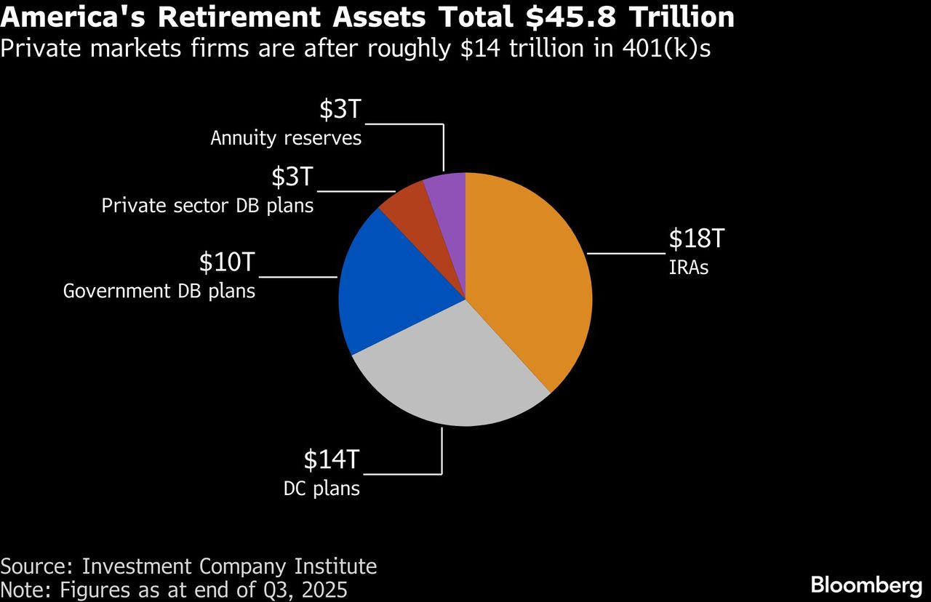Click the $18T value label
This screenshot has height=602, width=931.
(x=698, y=238)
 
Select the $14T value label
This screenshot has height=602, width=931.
(x=332, y=459)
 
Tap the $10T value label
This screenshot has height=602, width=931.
(x=228, y=262)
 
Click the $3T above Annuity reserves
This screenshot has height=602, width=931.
(x=340, y=109)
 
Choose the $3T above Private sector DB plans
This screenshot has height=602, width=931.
(x=292, y=177)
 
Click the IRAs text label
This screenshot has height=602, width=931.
(x=688, y=268)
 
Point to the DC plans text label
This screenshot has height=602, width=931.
(x=321, y=488)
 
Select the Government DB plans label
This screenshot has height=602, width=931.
(x=159, y=292)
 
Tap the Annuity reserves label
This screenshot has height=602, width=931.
(x=286, y=138)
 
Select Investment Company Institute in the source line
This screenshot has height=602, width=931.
(x=229, y=566)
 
